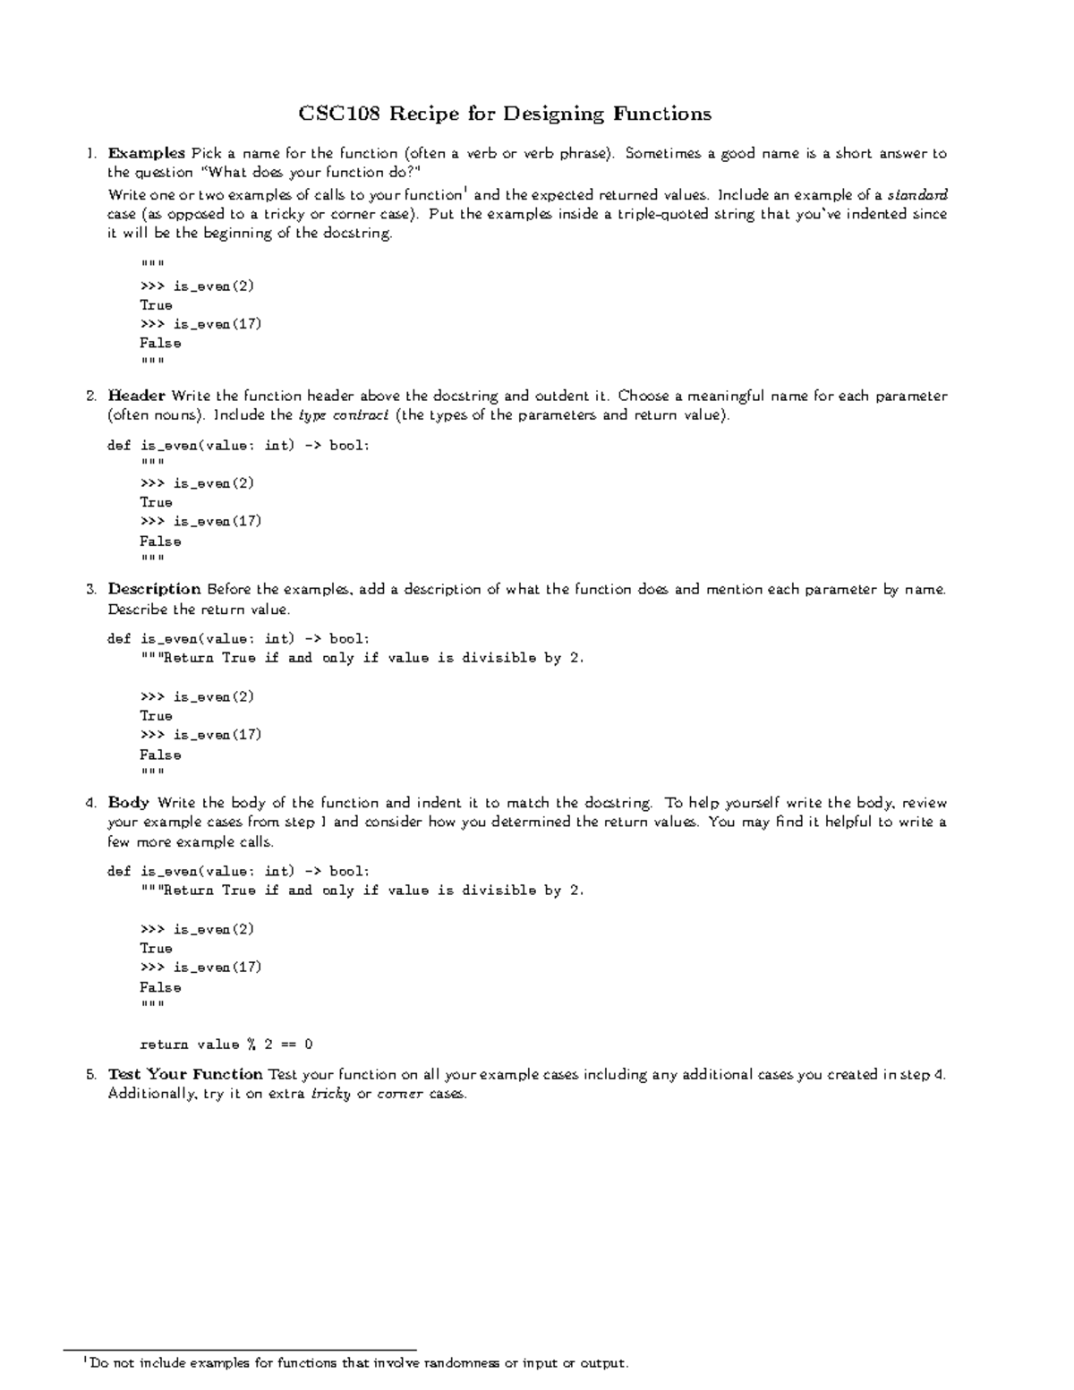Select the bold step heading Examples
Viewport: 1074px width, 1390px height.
(x=146, y=153)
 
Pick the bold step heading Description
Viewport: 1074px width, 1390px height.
(x=154, y=589)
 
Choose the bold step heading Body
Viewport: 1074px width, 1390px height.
(x=128, y=803)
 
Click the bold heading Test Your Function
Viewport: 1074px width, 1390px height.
(x=184, y=1074)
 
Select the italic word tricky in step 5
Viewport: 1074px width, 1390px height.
(x=329, y=1094)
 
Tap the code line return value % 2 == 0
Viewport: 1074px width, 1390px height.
(x=226, y=1044)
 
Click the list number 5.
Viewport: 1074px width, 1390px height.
(x=90, y=1074)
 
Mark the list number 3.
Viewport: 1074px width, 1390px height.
(x=90, y=589)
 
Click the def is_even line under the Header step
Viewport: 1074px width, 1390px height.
(x=237, y=445)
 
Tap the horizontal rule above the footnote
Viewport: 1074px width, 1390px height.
(x=240, y=1349)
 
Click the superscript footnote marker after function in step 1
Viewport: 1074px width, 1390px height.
(x=465, y=190)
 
